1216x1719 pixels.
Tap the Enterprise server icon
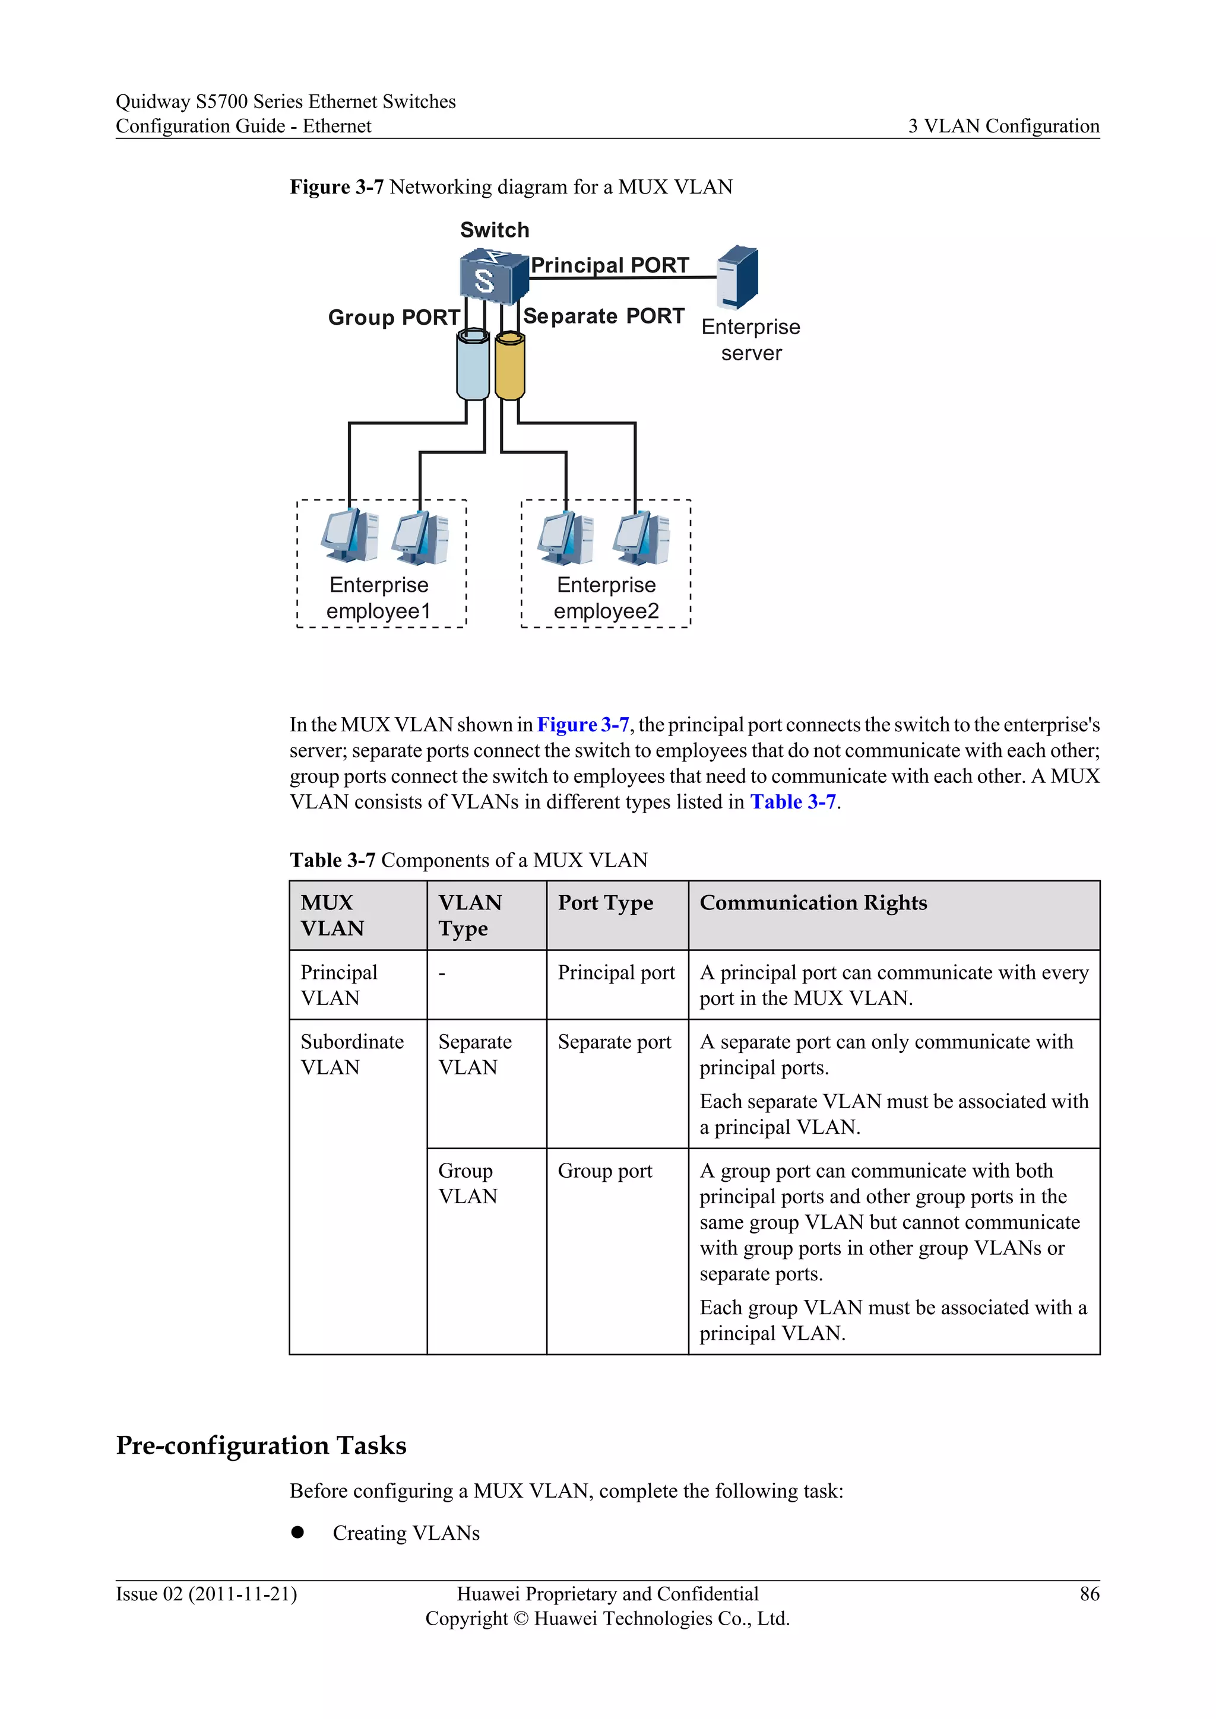coord(737,278)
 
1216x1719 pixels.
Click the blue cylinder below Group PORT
coord(473,366)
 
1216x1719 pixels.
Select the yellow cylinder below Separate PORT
coord(510,367)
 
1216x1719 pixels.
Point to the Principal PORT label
coord(610,265)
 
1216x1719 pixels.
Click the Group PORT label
coord(394,318)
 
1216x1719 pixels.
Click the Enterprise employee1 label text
coord(379,598)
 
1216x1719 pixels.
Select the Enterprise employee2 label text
coord(606,598)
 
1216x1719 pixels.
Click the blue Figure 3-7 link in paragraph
coord(582,725)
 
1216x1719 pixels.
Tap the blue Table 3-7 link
coord(792,802)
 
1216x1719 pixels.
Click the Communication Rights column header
coord(813,903)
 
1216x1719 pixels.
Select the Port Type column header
coord(605,903)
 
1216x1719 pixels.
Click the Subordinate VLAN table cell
coord(352,1054)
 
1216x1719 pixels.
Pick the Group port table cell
coord(605,1171)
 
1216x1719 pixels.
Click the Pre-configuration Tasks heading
coord(261,1445)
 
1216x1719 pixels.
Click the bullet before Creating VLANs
coord(298,1532)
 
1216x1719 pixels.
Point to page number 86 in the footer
coord(1090,1594)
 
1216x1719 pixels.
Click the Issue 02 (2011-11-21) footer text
coord(207,1594)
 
